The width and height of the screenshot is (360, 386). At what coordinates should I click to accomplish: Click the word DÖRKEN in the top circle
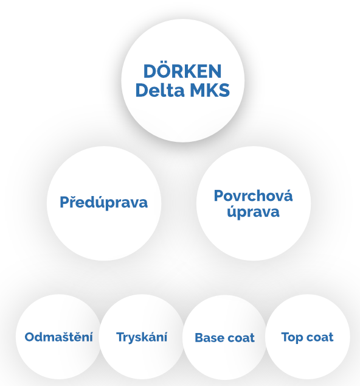coord(182,71)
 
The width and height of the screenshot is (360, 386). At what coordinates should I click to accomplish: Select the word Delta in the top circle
coord(160,90)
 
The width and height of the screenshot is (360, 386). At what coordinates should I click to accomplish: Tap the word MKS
coord(210,90)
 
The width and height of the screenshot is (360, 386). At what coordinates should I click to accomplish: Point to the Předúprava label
coord(103,202)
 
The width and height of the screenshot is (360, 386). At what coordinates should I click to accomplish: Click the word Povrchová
coord(254,195)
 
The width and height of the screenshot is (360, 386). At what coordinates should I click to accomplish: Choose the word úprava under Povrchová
coord(254,212)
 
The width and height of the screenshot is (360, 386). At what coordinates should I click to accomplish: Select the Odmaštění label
coord(59,337)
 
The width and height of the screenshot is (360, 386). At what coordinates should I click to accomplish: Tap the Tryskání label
coord(142,337)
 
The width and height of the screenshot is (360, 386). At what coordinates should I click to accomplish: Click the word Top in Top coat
coord(292,337)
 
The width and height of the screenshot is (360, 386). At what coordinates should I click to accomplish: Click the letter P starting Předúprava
coord(64,202)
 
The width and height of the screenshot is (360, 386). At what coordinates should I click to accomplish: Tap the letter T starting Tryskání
coord(120,337)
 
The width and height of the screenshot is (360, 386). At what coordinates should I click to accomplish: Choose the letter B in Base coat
coord(199,338)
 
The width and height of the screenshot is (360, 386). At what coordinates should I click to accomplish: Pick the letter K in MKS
coord(212,90)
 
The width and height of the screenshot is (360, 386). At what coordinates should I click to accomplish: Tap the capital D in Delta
coord(141,90)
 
